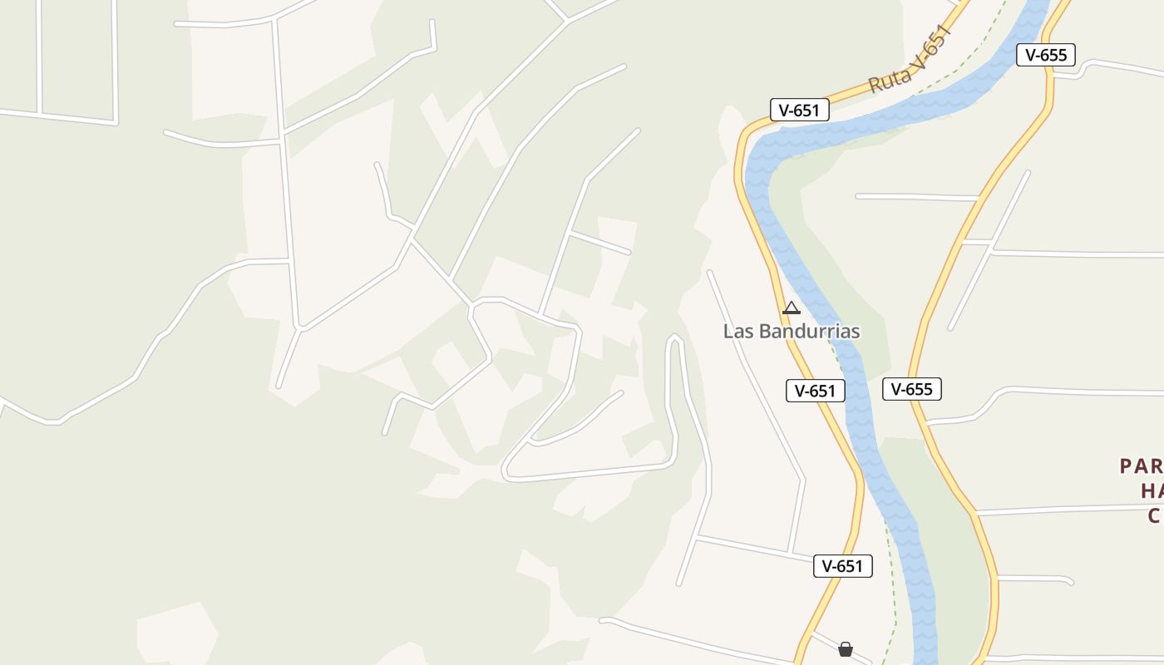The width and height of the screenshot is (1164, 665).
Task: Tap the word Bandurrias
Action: click(806, 331)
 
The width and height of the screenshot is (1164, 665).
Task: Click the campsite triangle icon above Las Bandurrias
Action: click(792, 308)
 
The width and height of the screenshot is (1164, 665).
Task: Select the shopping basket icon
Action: click(846, 648)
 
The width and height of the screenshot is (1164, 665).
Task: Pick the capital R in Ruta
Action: click(874, 86)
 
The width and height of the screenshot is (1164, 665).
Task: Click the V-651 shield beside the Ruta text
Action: click(800, 110)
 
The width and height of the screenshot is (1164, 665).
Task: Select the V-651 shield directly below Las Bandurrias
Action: click(816, 391)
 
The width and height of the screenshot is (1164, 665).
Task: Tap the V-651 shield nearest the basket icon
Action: click(843, 566)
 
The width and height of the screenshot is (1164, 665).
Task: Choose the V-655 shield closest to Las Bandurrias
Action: click(912, 389)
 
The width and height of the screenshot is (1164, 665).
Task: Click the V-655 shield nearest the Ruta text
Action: click(1046, 55)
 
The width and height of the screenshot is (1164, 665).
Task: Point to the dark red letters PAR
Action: click(1141, 466)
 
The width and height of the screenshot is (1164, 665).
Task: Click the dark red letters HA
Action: click(1151, 491)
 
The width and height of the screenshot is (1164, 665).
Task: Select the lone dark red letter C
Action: click(1154, 516)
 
